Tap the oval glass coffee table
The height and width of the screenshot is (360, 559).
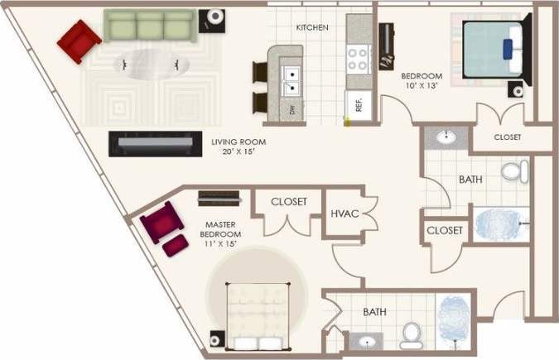click(151, 62)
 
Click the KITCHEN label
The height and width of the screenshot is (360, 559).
click(312, 27)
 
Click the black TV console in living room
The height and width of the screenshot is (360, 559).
click(155, 144)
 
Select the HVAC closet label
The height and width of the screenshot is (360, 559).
click(345, 214)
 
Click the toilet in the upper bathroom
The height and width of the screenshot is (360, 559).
click(514, 172)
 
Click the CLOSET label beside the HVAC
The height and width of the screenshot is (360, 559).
click(289, 202)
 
